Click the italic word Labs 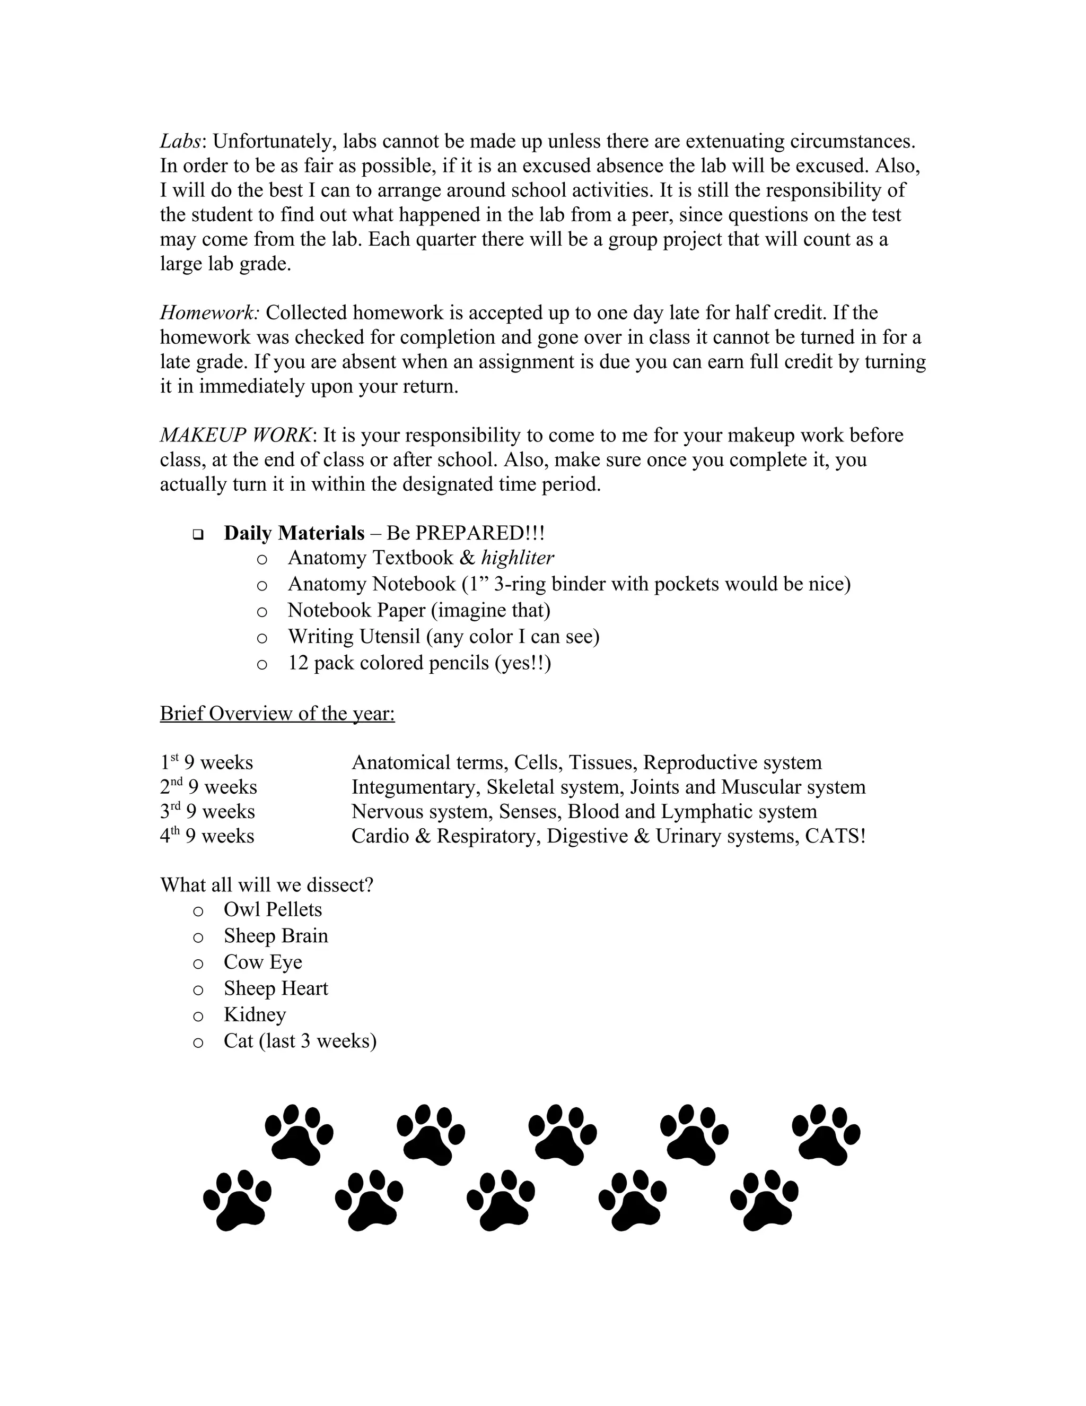tap(180, 141)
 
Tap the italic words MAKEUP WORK tap(235, 435)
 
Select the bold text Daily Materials tap(294, 533)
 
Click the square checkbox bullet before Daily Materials tap(197, 534)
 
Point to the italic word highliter tap(517, 558)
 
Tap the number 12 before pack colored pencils tap(298, 663)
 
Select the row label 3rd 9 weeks tap(207, 811)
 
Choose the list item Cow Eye tap(262, 962)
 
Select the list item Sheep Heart tap(275, 988)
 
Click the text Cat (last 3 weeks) tap(300, 1041)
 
